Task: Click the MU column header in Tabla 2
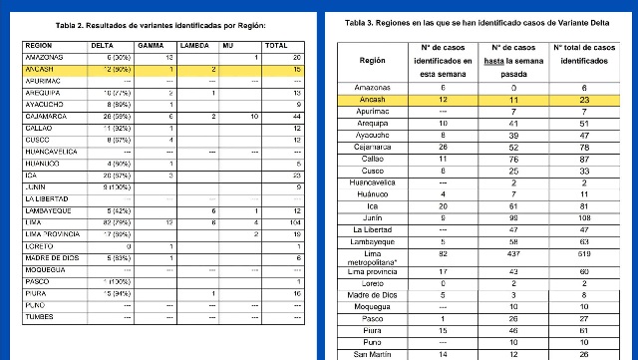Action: click(x=229, y=46)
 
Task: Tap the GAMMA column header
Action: click(x=153, y=46)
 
